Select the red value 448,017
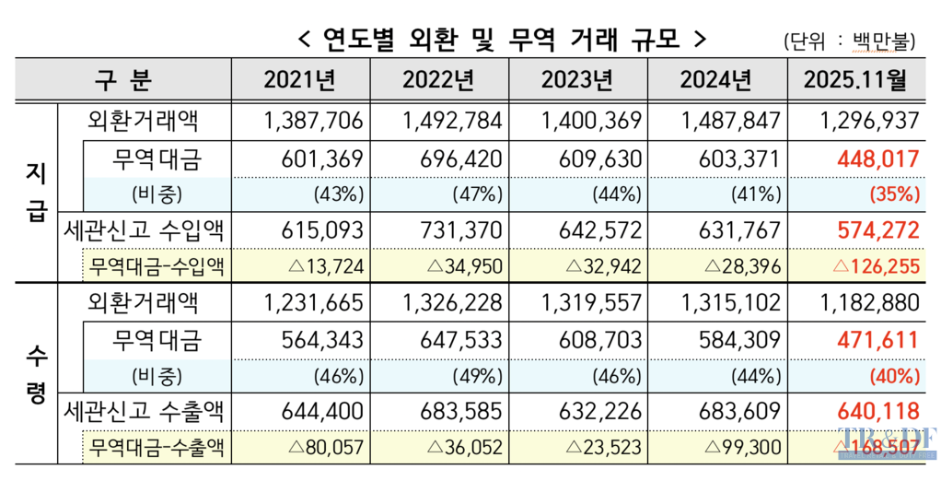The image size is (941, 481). pos(878,158)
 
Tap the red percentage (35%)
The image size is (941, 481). pos(892,194)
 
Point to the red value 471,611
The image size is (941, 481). pos(878,339)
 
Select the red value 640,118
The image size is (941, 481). pos(878,412)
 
